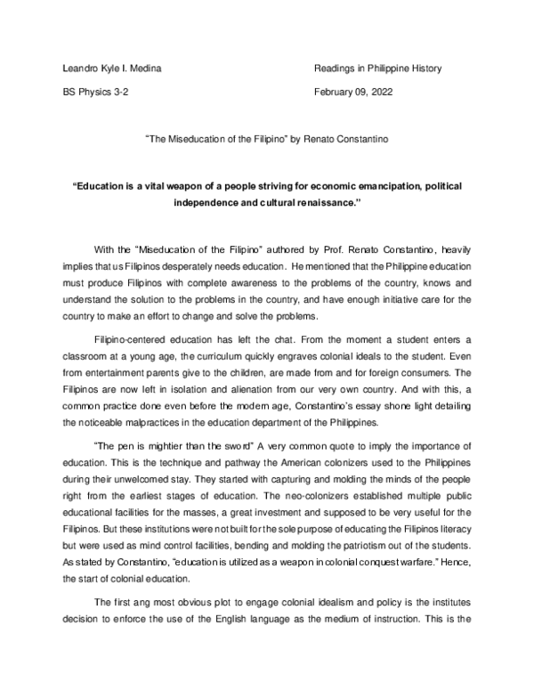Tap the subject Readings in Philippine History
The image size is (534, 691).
(378, 68)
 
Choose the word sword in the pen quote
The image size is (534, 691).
(233, 444)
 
